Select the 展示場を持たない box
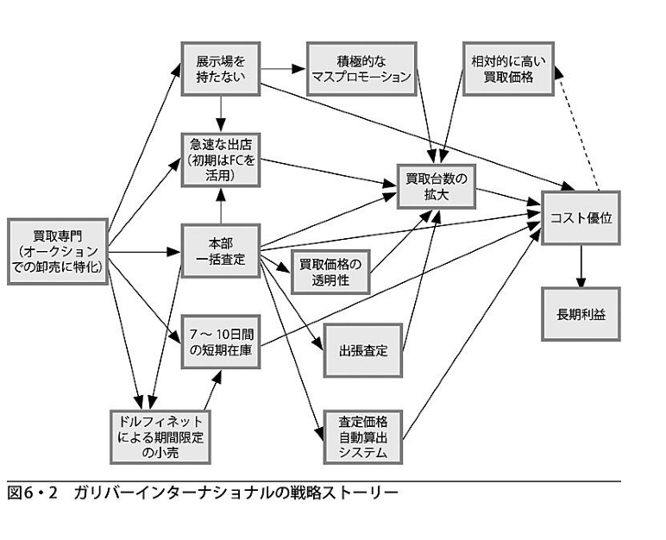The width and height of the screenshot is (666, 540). coord(220,69)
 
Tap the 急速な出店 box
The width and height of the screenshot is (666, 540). coord(220,160)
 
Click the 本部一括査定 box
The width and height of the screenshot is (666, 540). coord(220,251)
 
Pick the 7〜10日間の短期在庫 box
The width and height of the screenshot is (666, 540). coord(220,342)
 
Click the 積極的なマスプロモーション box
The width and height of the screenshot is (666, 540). coord(361,69)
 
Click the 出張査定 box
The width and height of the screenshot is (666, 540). coord(363,351)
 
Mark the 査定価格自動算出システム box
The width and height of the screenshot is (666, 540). coord(363,436)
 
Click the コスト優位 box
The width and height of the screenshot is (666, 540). coord(581,218)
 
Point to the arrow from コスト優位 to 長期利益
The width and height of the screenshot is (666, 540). coord(581,264)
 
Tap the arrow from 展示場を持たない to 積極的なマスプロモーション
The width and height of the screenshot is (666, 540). coord(283,68)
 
